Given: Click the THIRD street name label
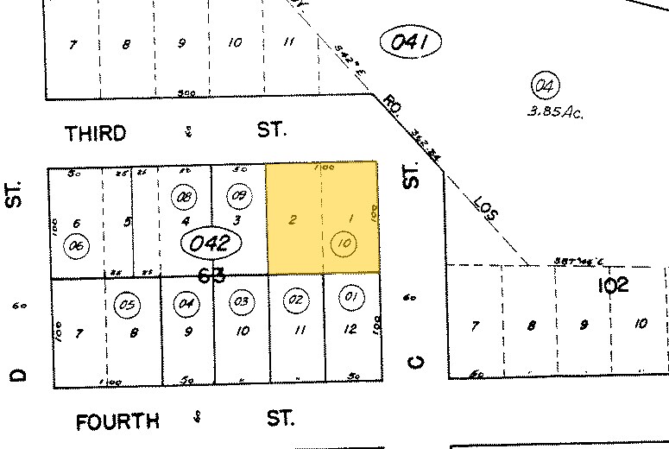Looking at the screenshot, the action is tap(96, 133).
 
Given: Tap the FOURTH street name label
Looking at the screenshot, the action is tap(117, 421).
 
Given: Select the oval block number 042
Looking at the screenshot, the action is tap(209, 243).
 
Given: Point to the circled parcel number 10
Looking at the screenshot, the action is tap(344, 244).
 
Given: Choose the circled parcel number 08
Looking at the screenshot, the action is tap(184, 197).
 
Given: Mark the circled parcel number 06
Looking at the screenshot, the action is tap(77, 246).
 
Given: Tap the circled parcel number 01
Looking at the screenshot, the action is tap(350, 299).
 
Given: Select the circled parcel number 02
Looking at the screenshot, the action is tap(296, 300).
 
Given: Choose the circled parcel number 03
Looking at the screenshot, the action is tap(241, 301).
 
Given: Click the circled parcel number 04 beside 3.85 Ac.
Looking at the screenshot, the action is tap(546, 85).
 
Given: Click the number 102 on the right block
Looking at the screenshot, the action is tap(612, 285).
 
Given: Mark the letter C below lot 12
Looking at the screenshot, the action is tap(414, 361).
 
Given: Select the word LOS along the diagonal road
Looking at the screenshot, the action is tap(488, 211).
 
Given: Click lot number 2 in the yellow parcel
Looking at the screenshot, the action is tap(293, 219).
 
